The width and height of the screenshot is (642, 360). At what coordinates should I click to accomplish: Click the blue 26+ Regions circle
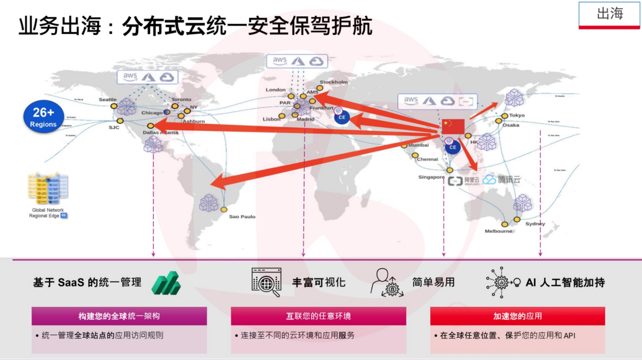tap(43, 118)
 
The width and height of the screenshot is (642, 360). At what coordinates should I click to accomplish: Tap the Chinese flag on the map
tap(449, 126)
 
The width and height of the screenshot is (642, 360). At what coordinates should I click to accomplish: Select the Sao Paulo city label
tap(242, 217)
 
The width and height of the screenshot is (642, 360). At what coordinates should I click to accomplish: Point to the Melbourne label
tap(499, 231)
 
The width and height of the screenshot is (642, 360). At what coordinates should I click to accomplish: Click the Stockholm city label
tap(333, 82)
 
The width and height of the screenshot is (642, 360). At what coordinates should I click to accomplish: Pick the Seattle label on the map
tap(107, 99)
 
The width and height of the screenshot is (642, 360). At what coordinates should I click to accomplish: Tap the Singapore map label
tap(432, 177)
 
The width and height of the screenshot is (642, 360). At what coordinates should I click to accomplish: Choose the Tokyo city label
tap(517, 115)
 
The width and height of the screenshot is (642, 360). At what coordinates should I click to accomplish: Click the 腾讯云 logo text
tap(508, 179)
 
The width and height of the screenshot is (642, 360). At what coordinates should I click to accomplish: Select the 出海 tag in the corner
tap(610, 14)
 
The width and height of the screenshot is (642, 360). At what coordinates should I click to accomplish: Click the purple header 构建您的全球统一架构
tap(119, 316)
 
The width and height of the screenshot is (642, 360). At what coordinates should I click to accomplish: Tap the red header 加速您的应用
tap(517, 316)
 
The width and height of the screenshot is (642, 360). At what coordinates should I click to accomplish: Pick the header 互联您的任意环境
tap(318, 316)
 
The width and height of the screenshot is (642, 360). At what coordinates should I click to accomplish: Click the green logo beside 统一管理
tap(166, 283)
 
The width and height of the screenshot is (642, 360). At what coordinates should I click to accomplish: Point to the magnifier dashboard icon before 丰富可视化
tap(267, 282)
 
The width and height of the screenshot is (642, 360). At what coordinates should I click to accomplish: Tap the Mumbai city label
tap(419, 146)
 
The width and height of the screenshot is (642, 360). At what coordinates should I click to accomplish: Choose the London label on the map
tap(276, 90)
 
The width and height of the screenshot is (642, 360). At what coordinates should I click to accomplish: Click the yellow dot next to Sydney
tap(517, 220)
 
